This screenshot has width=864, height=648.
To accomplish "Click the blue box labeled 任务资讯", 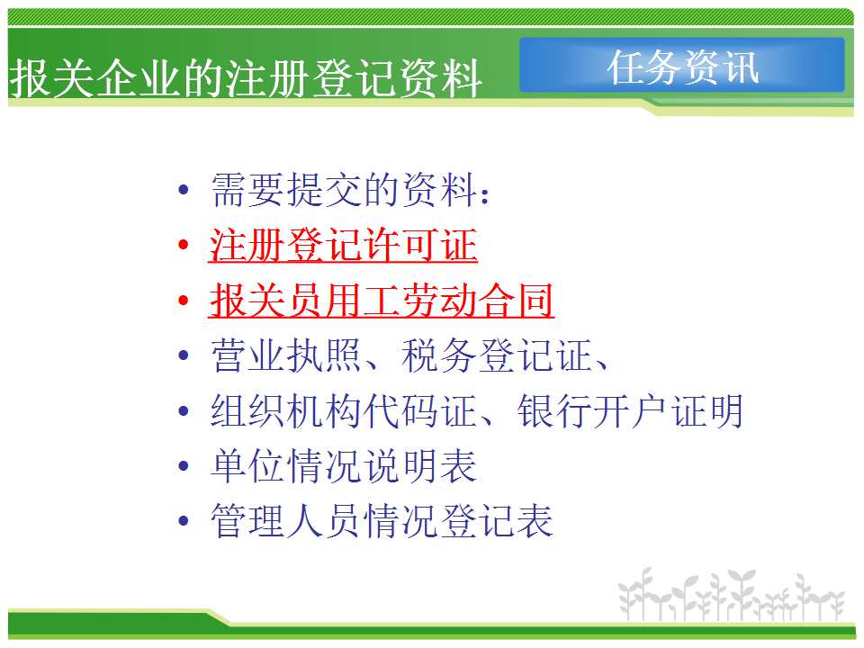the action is coord(682,65).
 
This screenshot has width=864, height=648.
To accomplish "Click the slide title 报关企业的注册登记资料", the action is coord(246,78).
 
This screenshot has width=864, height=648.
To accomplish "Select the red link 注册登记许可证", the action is coord(343,245).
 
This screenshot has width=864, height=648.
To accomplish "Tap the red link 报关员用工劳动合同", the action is coord(382,301).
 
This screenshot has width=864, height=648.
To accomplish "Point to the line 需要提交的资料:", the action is coord(350,190).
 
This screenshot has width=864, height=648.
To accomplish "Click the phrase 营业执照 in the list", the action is coord(286,355).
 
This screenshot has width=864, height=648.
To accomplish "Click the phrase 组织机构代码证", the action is coord(344,410).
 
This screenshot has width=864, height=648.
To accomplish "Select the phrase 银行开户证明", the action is coord(630,410).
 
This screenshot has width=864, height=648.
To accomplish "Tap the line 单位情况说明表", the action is coord(344,465).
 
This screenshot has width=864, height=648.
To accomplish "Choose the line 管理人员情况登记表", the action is coord(382,521).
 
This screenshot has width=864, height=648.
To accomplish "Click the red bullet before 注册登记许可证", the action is coord(184,245).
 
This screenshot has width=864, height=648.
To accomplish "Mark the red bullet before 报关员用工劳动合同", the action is coord(184,301).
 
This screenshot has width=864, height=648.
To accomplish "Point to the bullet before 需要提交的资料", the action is coord(184,190).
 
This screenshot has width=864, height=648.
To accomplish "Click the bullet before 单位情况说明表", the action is coord(184,466).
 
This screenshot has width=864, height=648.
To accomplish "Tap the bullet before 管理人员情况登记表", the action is coord(184,521).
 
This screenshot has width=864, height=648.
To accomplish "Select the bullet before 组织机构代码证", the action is coord(184,411).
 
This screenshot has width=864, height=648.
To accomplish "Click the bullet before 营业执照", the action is coord(184,355).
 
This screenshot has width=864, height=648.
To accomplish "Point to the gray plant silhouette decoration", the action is coord(732,595).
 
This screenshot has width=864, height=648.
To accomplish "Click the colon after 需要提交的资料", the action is coord(485,195).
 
